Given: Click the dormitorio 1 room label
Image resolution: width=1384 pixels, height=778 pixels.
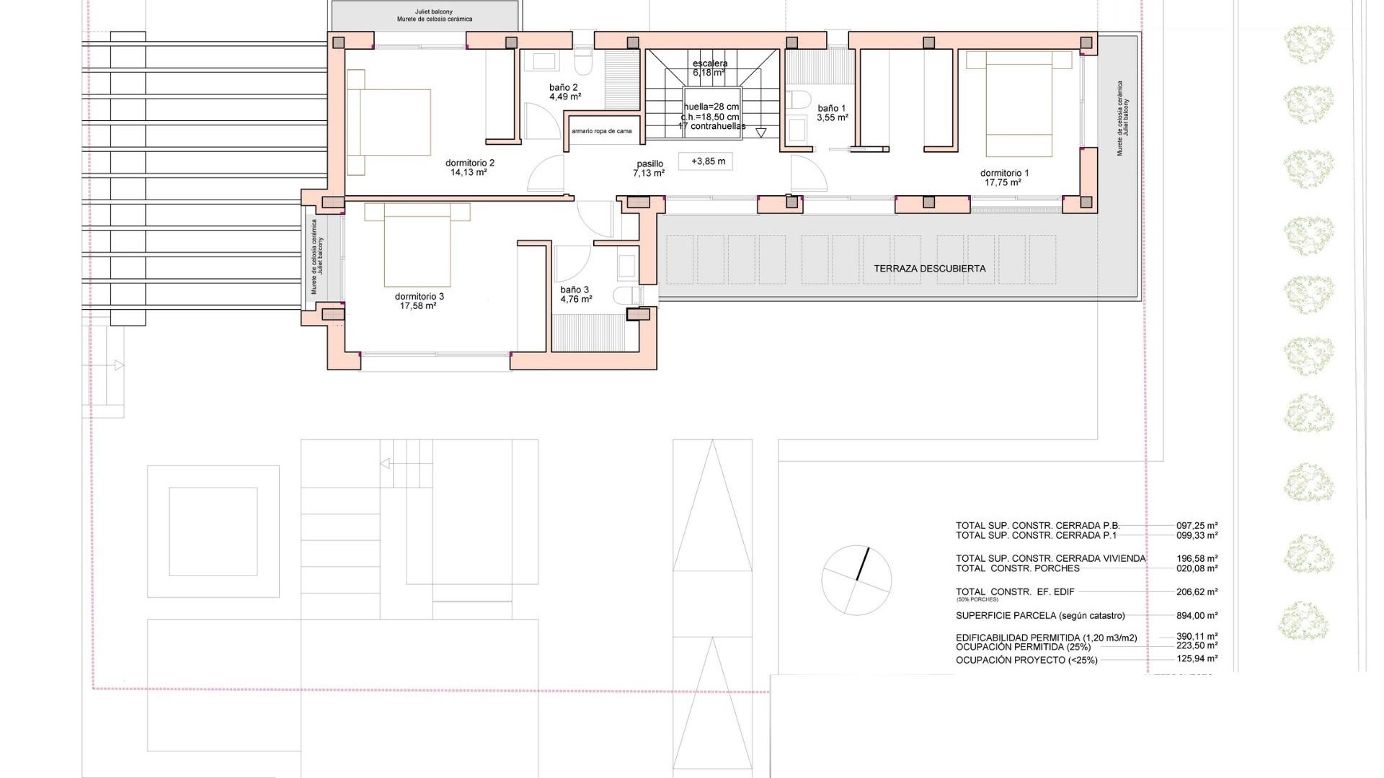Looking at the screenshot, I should tap(1004, 173).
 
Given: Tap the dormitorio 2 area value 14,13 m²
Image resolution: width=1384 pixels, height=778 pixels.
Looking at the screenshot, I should tap(469, 173).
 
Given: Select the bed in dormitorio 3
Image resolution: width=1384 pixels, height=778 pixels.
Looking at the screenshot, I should tap(417, 245).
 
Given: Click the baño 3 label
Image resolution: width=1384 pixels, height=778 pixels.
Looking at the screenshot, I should tap(575, 290).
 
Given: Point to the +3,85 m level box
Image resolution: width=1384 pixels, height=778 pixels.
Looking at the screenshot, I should tap(707, 161).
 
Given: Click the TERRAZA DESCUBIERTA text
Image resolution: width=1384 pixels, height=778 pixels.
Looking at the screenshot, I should tap(929, 269).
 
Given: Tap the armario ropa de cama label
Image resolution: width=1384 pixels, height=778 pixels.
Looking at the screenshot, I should tap(601, 131).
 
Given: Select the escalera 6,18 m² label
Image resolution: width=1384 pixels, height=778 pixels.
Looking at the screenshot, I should tap(709, 68).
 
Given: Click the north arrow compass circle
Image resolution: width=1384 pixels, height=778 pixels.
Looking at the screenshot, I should tap(856, 580).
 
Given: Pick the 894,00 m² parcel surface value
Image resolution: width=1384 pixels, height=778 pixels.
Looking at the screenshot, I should tap(1197, 616).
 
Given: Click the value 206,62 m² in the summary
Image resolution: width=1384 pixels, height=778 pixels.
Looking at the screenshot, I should tap(1197, 592).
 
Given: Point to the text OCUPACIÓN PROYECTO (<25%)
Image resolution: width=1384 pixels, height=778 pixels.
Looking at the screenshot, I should tap(1026, 660).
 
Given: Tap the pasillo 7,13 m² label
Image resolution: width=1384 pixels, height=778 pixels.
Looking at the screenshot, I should tap(649, 169).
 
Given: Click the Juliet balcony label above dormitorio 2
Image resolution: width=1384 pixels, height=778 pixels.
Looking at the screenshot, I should tap(434, 15).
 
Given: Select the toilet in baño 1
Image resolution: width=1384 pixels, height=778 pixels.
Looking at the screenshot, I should tap(798, 99).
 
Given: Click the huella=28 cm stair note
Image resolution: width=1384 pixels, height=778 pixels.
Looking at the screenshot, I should tap(711, 107).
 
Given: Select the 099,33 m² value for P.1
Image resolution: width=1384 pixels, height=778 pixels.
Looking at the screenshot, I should tap(1197, 535).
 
